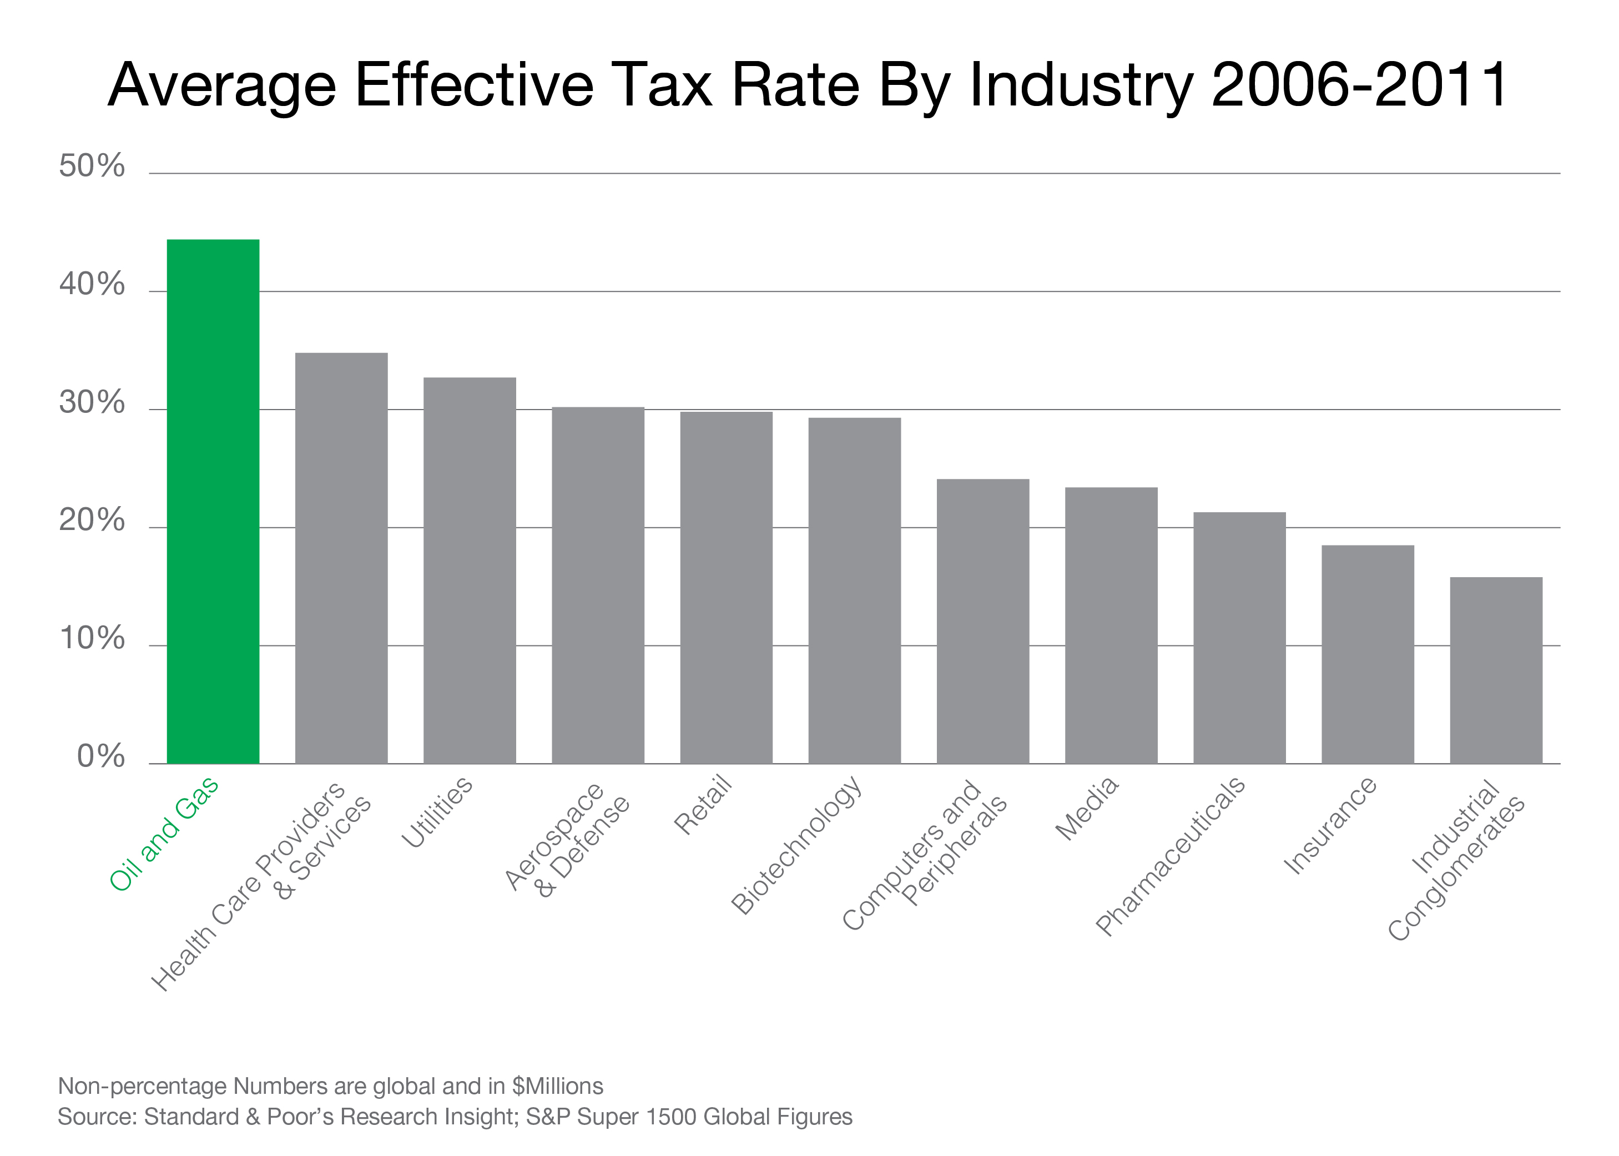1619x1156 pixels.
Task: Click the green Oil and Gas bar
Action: click(213, 501)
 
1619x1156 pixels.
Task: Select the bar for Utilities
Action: click(469, 570)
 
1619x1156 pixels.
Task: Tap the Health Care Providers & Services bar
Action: click(341, 558)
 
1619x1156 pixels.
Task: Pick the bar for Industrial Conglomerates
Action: click(1496, 670)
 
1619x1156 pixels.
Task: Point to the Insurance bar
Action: click(1367, 654)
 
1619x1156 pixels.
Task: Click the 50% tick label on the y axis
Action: click(92, 166)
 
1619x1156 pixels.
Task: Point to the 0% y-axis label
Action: click(100, 756)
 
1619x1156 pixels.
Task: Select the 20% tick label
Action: click(92, 521)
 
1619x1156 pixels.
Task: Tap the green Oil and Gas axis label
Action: click(164, 833)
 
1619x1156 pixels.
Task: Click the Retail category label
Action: click(703, 804)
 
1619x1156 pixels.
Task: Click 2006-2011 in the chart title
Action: click(1359, 85)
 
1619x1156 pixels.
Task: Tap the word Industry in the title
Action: click(1081, 85)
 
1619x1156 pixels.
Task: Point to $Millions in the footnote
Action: click(557, 1086)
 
